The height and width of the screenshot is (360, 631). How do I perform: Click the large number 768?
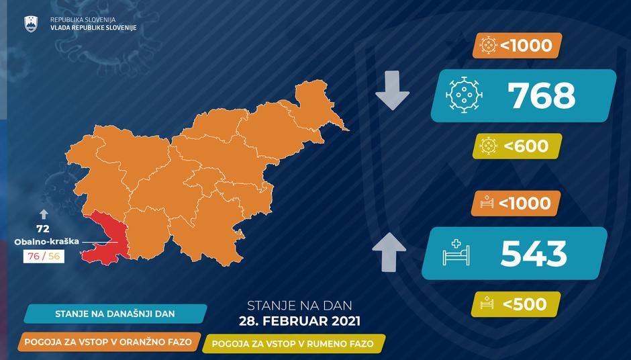(x=542, y=96)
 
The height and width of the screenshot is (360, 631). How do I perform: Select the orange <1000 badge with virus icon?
(x=517, y=46)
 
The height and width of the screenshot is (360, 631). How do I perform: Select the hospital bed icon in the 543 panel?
(x=456, y=253)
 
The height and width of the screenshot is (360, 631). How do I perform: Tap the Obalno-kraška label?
(x=42, y=242)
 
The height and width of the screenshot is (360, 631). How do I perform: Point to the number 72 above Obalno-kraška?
(x=43, y=229)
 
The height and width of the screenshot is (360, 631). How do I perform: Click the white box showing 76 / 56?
(x=43, y=255)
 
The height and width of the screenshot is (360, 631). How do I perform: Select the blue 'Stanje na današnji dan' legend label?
(x=112, y=314)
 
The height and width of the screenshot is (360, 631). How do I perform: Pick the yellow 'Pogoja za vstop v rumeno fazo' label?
(x=294, y=343)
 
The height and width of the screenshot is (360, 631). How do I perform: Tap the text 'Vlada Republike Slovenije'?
(x=93, y=26)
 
